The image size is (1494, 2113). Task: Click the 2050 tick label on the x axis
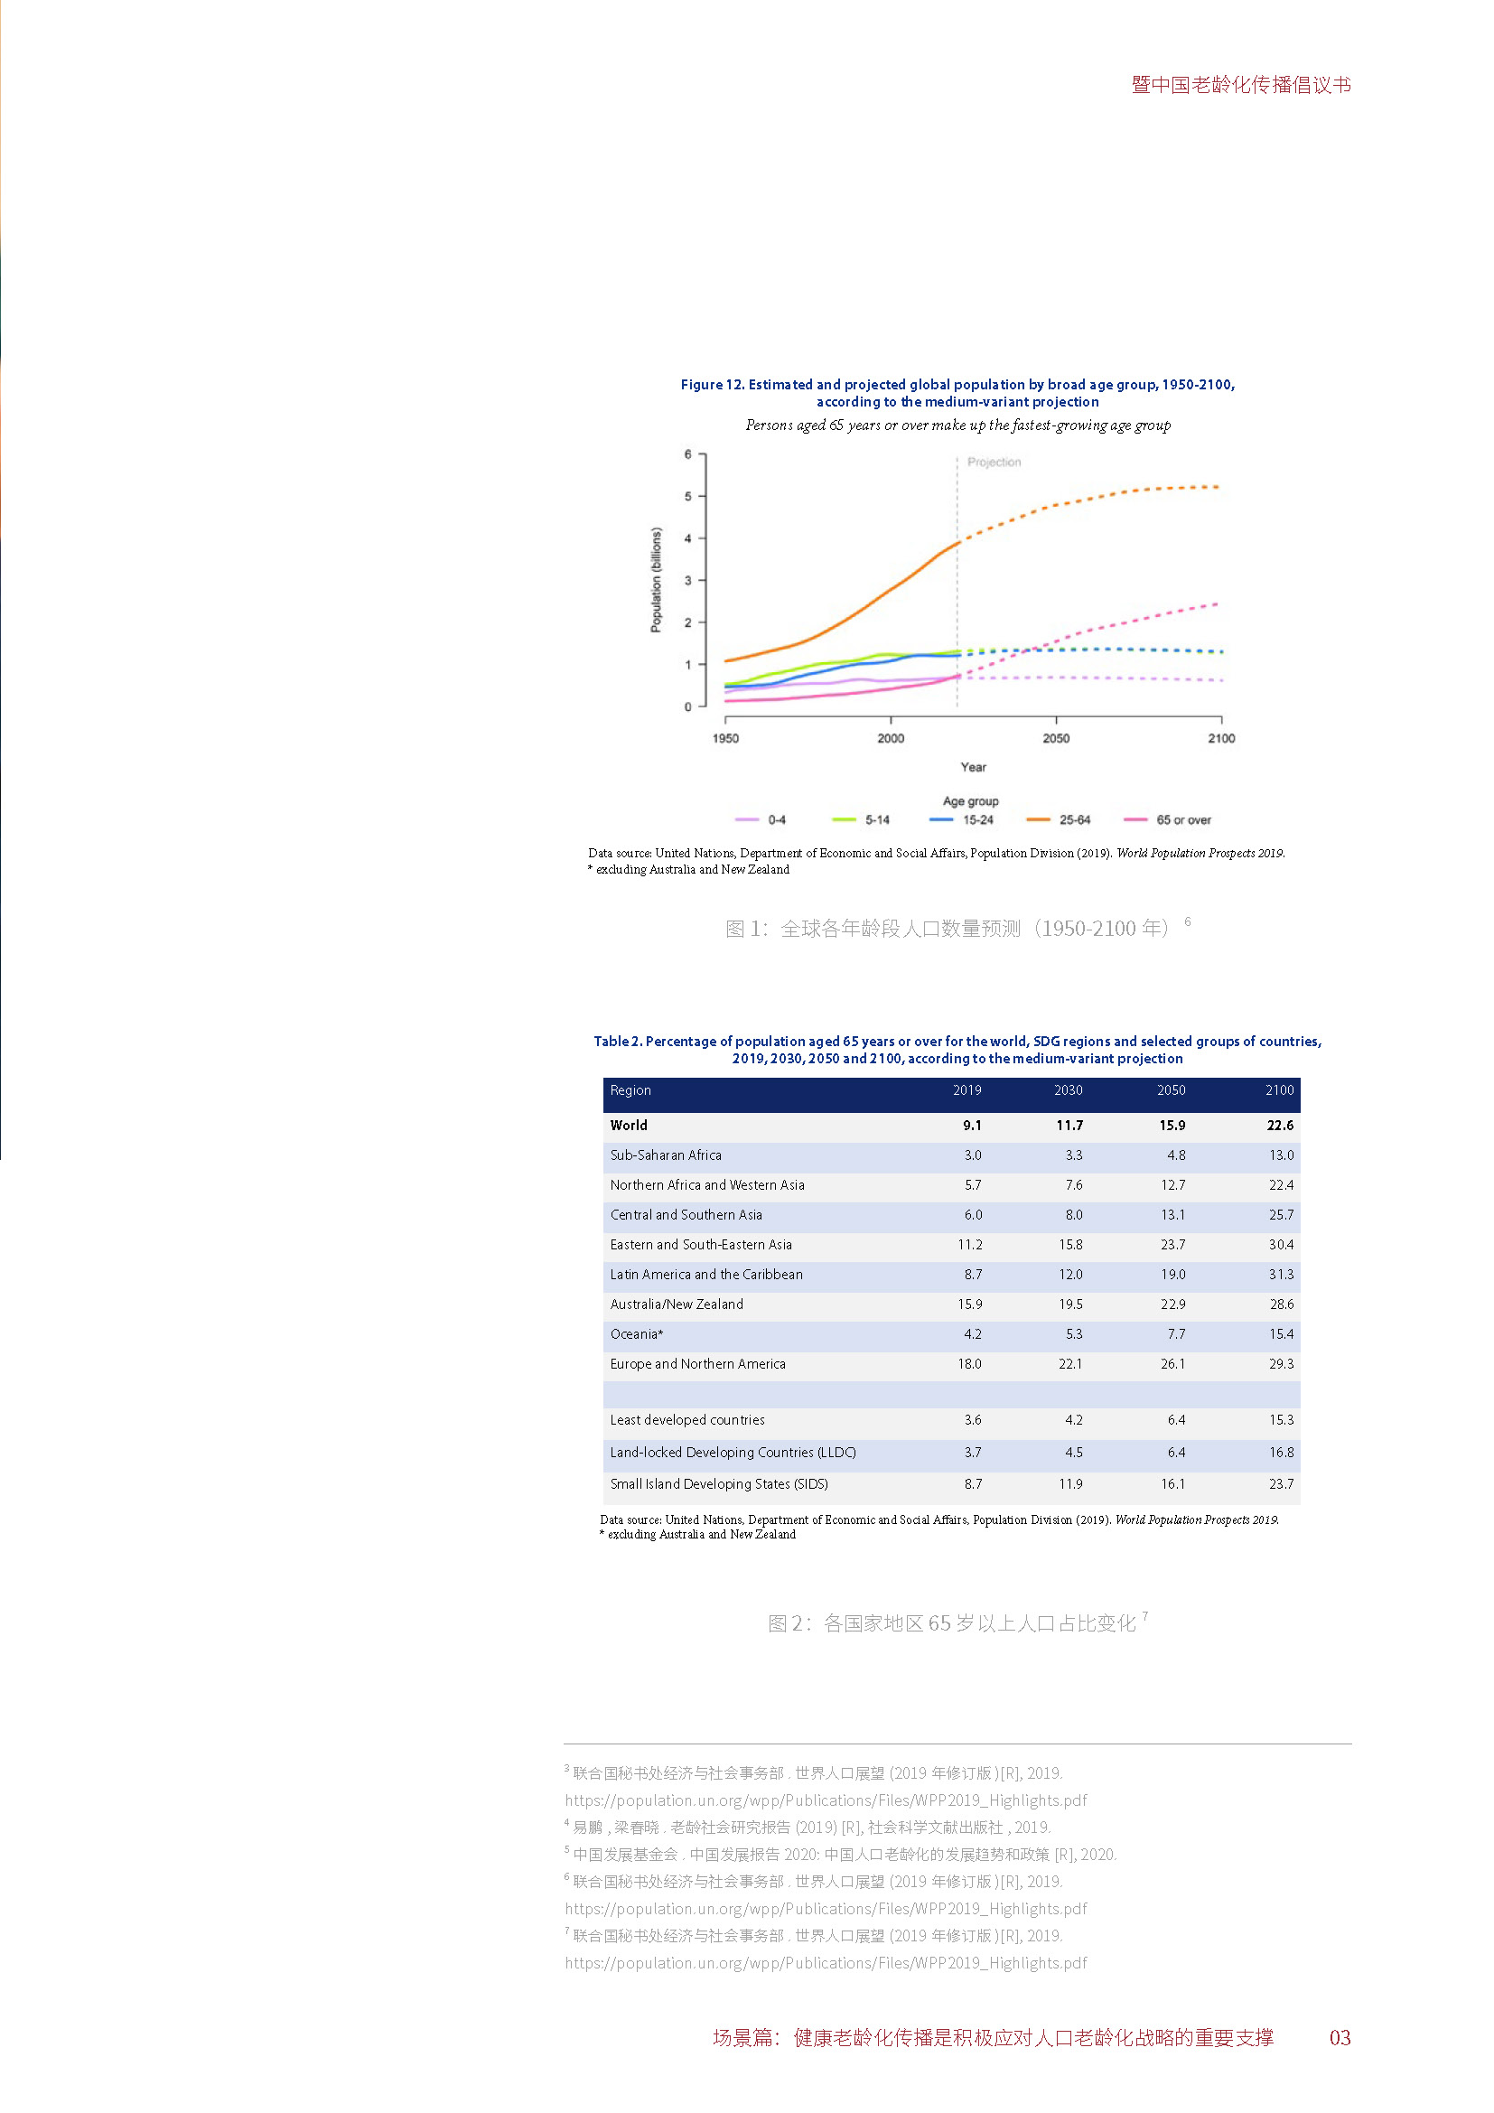click(1055, 738)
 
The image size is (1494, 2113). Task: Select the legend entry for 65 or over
click(1167, 820)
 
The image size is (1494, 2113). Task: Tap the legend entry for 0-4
click(760, 820)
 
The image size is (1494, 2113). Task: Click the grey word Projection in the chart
click(994, 462)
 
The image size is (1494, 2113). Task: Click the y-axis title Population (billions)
click(656, 580)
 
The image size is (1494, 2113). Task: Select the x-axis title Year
click(974, 767)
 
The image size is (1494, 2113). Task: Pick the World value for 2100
click(1280, 1125)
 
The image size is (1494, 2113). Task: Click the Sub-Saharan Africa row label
click(666, 1155)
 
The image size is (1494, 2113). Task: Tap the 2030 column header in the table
click(1068, 1089)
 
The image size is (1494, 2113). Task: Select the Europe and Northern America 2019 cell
click(969, 1364)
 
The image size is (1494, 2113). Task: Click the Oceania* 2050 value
click(1176, 1333)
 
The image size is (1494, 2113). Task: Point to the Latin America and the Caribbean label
click(706, 1275)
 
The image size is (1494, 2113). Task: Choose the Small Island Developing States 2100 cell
click(1281, 1483)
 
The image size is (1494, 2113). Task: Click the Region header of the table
click(630, 1089)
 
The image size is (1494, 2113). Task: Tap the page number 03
click(1340, 2037)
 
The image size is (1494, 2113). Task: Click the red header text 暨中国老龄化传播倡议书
click(1241, 85)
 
